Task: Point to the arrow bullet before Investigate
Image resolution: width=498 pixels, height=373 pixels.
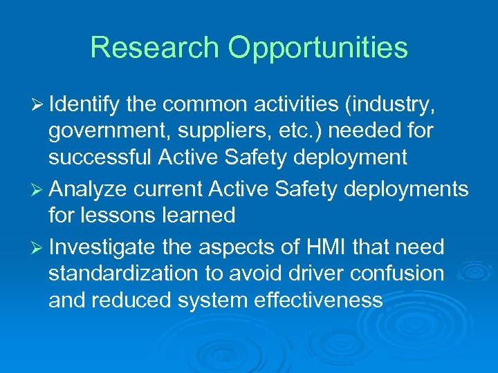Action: (x=39, y=247)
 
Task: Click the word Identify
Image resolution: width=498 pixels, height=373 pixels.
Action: (x=84, y=105)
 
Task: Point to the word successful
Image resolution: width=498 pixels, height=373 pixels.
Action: (x=99, y=157)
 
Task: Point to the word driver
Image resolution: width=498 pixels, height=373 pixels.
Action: (x=311, y=273)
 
